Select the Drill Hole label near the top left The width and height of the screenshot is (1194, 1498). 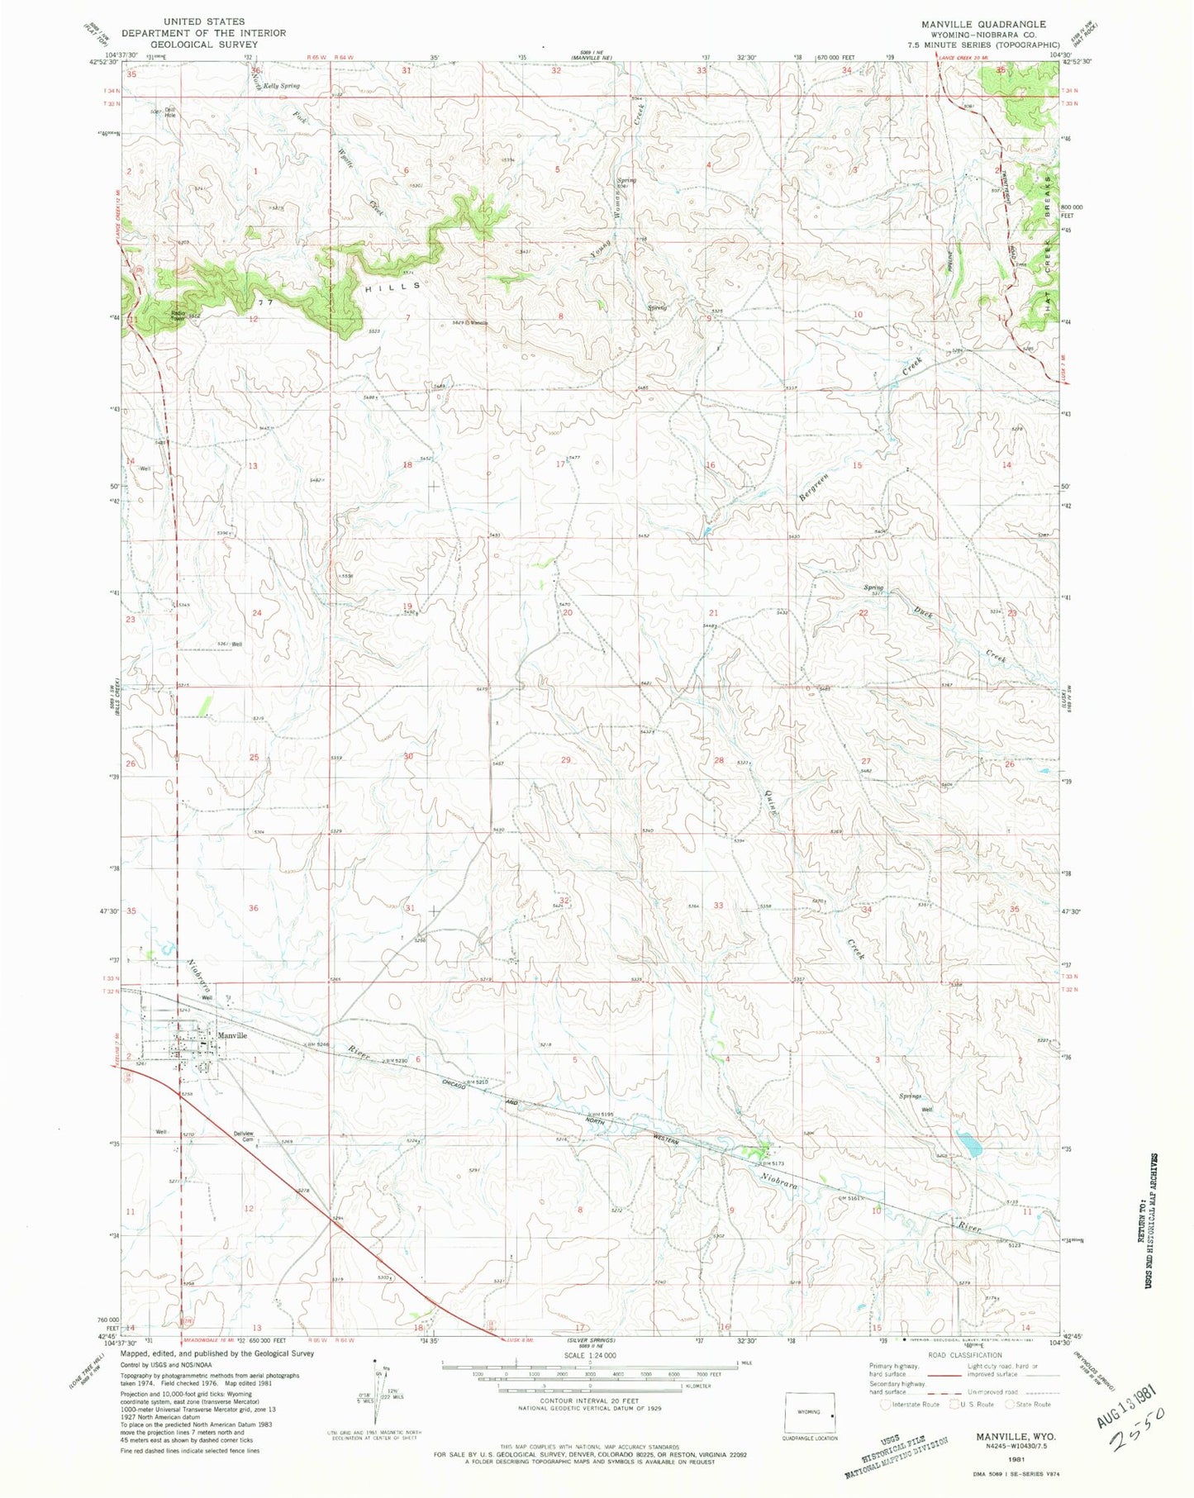(169, 112)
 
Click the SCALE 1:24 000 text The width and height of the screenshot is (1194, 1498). (589, 1356)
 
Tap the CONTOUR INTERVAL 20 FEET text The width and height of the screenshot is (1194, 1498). (589, 1401)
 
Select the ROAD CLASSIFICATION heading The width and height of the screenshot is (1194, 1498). (963, 1355)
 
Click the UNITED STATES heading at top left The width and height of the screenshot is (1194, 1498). (203, 21)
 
